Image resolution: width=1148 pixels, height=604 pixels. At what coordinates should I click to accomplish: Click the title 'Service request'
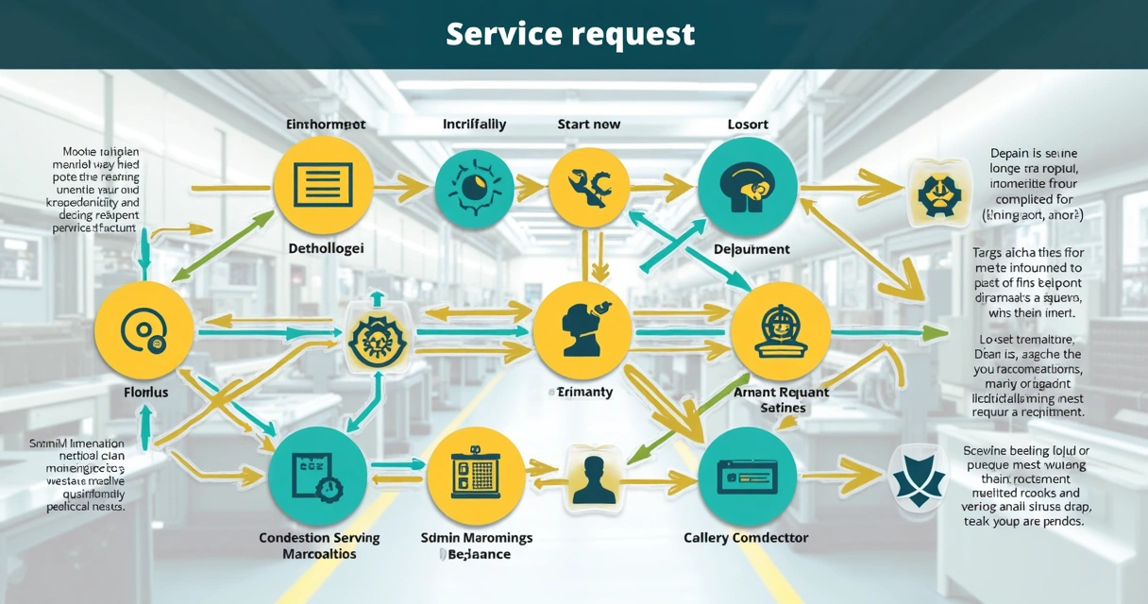point(570,34)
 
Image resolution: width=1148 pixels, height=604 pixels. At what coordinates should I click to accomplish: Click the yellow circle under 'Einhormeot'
point(323,185)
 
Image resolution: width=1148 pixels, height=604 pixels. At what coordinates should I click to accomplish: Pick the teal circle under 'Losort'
point(747,185)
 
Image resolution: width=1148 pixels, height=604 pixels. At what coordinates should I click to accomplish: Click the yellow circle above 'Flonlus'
point(144,330)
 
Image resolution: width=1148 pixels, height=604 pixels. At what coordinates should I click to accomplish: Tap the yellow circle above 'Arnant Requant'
point(781,330)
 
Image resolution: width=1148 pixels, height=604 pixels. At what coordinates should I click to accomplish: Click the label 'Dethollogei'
point(325,249)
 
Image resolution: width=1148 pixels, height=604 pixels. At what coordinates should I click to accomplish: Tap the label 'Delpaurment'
point(751,249)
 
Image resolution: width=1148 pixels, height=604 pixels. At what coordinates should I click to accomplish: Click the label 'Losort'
point(748,125)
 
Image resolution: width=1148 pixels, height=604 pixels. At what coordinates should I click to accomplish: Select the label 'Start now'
point(589,125)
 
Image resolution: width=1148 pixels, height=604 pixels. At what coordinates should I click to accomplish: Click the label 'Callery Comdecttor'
point(746,538)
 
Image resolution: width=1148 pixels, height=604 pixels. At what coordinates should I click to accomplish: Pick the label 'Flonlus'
point(146,391)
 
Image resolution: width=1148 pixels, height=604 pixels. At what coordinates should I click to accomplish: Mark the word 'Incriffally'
point(474,125)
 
